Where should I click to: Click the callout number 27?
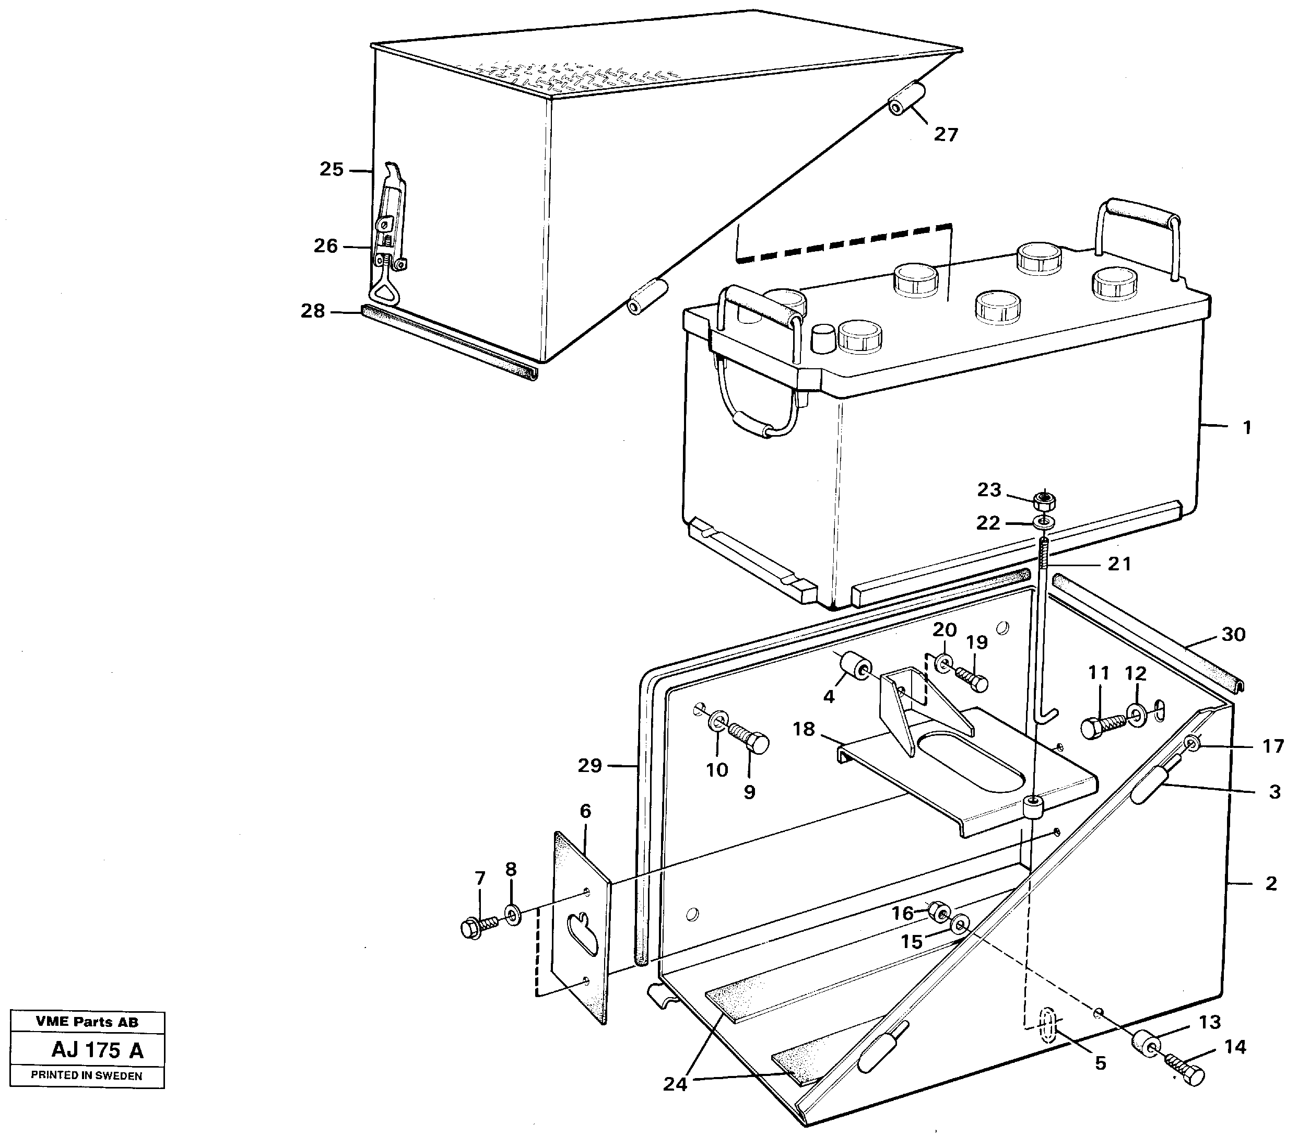pyautogui.click(x=946, y=134)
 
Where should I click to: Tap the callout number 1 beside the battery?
pyautogui.click(x=1247, y=428)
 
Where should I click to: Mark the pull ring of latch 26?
pyautogui.click(x=386, y=291)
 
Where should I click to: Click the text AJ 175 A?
pyautogui.click(x=98, y=1050)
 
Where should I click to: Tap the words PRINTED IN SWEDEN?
pyautogui.click(x=87, y=1075)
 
